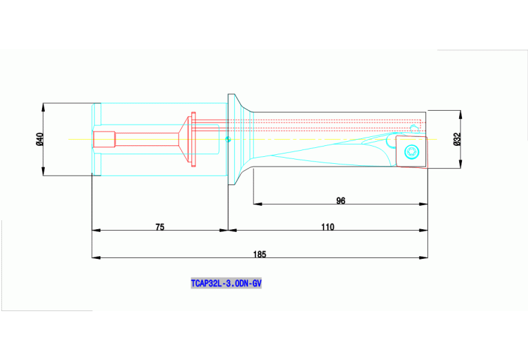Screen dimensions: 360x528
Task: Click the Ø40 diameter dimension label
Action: click(39, 139)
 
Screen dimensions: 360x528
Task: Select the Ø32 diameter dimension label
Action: click(457, 139)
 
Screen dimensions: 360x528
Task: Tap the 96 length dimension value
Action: click(341, 200)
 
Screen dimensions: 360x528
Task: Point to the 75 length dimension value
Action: click(160, 226)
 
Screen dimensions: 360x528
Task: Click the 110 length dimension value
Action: click(328, 226)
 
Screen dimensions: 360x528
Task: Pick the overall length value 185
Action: click(260, 254)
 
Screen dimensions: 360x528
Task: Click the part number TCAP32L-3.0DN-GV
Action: click(226, 283)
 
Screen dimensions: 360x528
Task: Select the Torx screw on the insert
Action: click(411, 151)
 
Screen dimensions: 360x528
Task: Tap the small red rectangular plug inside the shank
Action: click(105, 139)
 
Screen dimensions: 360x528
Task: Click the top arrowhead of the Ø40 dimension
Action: click(43, 106)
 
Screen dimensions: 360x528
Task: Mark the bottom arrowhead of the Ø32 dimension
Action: click(461, 166)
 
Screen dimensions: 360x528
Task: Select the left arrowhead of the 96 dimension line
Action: click(256, 204)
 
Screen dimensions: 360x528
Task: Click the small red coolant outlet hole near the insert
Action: click(414, 127)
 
